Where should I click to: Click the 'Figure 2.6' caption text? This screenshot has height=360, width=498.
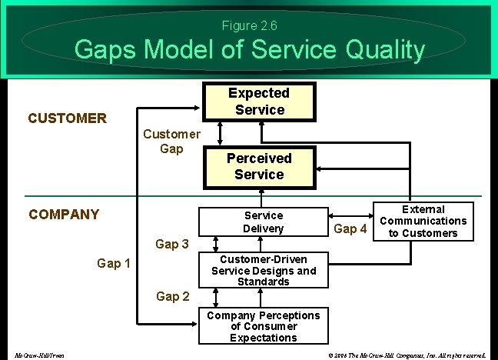[249, 26]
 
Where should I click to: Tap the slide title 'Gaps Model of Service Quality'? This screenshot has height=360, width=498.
[249, 51]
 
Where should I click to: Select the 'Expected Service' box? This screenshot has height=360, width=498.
[260, 102]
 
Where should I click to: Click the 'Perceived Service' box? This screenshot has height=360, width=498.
[259, 166]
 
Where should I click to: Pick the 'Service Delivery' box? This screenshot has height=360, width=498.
[263, 222]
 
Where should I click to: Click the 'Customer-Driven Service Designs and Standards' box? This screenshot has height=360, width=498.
[263, 271]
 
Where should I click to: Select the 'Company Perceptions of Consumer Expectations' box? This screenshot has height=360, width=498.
[263, 326]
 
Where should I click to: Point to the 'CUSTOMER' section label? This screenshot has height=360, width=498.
[67, 118]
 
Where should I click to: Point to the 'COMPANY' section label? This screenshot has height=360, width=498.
[64, 214]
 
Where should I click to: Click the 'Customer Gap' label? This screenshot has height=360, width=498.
[172, 141]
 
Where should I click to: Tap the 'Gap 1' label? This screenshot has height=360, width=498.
[114, 264]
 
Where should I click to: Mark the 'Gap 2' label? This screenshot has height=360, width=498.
[172, 296]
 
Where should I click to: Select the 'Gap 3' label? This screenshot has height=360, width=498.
[172, 245]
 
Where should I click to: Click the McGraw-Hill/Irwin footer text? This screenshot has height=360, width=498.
[39, 355]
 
